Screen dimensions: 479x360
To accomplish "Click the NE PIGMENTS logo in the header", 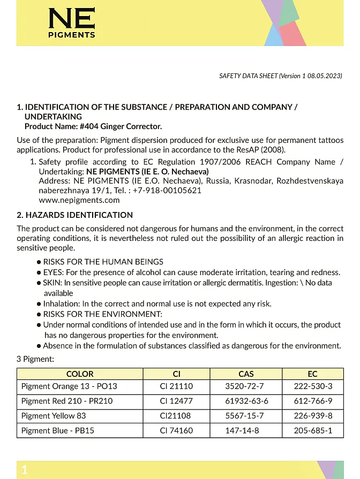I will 71,23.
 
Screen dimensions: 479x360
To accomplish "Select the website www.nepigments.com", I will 79,200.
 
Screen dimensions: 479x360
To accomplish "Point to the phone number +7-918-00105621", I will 167,191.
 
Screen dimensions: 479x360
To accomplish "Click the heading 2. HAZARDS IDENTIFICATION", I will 75,215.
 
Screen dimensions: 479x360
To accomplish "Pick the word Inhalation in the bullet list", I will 62,303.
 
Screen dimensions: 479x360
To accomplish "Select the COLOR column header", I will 80,374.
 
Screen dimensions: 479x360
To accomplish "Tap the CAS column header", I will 246,374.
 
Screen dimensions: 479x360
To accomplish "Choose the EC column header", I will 313,374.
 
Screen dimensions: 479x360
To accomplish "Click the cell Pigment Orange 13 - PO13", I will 69,386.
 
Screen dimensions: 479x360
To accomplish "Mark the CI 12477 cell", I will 176,401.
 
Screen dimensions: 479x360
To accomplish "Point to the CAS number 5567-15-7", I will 246,416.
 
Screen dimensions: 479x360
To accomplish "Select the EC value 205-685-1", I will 313,430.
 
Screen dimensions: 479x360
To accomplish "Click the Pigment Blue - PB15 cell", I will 58,430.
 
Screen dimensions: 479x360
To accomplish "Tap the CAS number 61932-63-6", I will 246,401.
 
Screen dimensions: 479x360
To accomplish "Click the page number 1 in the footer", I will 24,470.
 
